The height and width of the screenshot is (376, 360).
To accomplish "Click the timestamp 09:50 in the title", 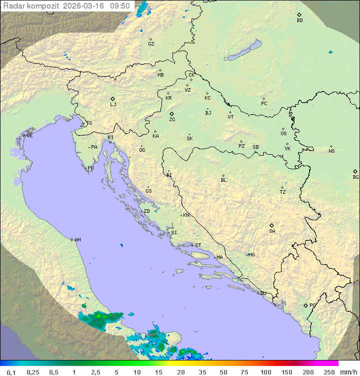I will (x=120, y=6).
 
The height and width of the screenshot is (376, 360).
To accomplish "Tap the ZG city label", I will (x=172, y=120).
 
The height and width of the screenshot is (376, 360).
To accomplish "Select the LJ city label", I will (x=113, y=105).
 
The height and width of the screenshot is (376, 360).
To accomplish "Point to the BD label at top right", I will (x=299, y=21).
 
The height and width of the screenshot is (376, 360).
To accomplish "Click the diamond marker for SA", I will (x=272, y=225).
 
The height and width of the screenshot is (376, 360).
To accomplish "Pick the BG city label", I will (x=355, y=177).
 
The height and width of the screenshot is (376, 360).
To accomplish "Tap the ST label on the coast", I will (x=198, y=245).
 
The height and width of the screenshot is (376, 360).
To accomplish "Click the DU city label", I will (x=262, y=293).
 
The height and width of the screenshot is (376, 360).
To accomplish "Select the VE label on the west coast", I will (x=29, y=136).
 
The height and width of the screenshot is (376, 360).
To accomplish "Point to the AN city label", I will (x=77, y=240).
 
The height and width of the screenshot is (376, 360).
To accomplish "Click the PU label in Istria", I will (x=90, y=168).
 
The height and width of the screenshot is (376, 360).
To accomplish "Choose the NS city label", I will (x=331, y=151).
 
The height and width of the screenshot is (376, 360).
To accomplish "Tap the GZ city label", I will (x=151, y=44).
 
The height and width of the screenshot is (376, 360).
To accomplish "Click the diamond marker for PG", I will (x=306, y=305).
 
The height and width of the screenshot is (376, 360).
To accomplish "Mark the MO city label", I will (x=251, y=255).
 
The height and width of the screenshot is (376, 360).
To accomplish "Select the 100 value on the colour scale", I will (x=266, y=372).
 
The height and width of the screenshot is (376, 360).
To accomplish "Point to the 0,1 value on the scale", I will (x=11, y=372).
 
